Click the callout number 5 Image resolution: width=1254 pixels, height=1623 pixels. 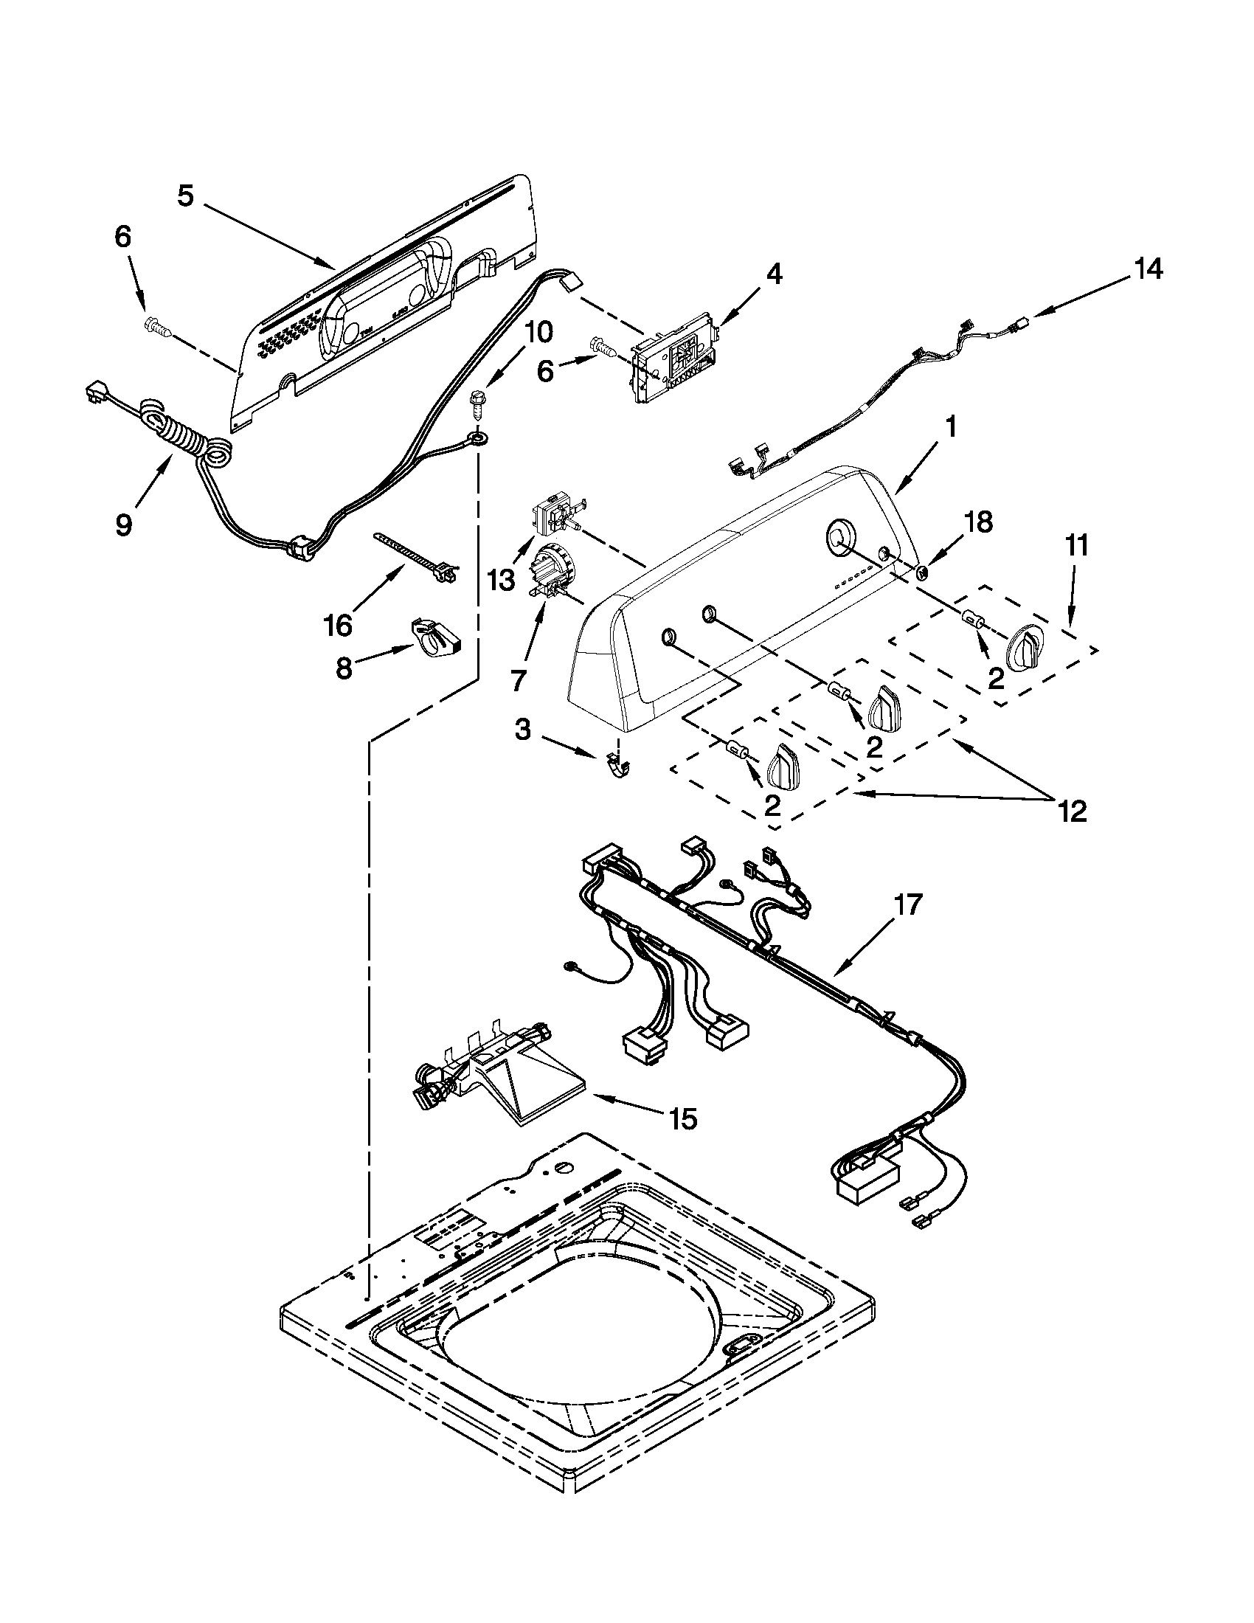pyautogui.click(x=186, y=196)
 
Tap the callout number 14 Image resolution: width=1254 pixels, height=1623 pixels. pyautogui.click(x=1147, y=269)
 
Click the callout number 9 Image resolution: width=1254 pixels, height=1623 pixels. pyautogui.click(x=124, y=525)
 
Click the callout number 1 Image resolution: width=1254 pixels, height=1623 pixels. pyautogui.click(x=950, y=429)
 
